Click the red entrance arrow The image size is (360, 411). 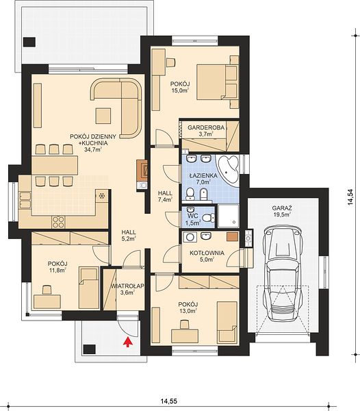[x=127, y=342]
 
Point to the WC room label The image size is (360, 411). [x=193, y=217]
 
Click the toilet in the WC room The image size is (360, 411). [x=209, y=217]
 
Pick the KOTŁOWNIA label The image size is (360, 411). [x=207, y=253]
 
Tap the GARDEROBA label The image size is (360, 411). [x=206, y=127]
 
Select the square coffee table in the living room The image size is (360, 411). [x=103, y=116]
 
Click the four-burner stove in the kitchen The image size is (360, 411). [x=58, y=222]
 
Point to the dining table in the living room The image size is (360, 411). [x=55, y=165]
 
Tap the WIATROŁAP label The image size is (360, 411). [x=127, y=286]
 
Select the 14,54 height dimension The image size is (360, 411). [x=350, y=197]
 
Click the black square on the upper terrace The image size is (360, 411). [x=29, y=42]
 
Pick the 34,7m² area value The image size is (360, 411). [x=93, y=149]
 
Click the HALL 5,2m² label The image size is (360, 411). [x=129, y=235]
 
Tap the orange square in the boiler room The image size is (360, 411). [x=232, y=236]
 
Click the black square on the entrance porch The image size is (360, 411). [x=89, y=349]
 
